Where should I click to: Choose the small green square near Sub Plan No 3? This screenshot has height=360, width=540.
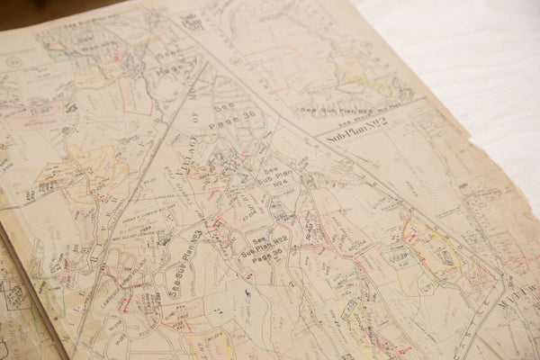point(165,238)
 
